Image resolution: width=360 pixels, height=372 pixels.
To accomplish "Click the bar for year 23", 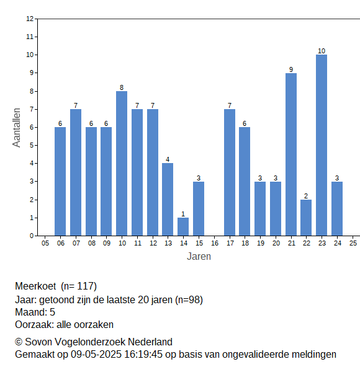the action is [322, 145].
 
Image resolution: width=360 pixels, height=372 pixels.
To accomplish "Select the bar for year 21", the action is [291, 154].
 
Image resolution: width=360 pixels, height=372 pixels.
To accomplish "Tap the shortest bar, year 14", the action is [183, 226].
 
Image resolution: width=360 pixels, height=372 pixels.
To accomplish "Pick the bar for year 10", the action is [122, 164].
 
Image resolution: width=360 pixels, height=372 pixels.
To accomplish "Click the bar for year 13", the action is [168, 200].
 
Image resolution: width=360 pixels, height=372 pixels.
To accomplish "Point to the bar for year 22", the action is [306, 218].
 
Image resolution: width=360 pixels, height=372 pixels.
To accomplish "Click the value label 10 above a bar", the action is [322, 51].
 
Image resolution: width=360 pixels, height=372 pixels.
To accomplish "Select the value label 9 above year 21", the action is [291, 69].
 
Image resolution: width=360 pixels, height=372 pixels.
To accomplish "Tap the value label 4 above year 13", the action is [168, 159].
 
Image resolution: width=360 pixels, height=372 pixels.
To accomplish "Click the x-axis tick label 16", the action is [214, 243].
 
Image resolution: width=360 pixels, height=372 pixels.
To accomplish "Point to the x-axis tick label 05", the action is [45, 243].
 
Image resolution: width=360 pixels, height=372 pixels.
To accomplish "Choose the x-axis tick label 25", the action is [353, 243].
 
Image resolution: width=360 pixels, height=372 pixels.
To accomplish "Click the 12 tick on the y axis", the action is [30, 19].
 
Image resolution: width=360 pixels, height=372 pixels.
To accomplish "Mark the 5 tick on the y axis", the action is [32, 145].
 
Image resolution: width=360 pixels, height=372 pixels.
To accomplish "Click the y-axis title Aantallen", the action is [16, 128].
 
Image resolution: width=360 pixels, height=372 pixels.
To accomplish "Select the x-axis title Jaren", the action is [199, 257].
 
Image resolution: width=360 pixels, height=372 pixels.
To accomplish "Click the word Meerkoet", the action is [35, 286].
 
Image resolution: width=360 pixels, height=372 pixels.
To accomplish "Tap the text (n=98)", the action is [189, 300].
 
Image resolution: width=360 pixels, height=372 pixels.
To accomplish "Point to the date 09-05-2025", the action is [96, 355].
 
